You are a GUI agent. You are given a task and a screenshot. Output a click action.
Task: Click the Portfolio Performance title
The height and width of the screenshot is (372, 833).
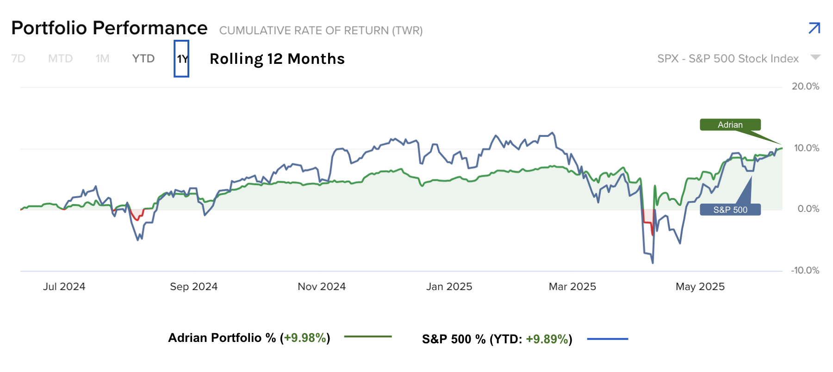pyautogui.click(x=109, y=28)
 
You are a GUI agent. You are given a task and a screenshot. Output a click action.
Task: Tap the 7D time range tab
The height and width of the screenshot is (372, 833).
pyautogui.click(x=19, y=59)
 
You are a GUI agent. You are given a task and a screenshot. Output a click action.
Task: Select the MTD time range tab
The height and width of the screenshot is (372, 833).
pyautogui.click(x=61, y=59)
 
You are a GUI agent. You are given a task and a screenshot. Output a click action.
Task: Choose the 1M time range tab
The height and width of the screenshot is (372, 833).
pyautogui.click(x=102, y=59)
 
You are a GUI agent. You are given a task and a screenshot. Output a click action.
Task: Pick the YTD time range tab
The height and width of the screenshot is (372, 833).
pyautogui.click(x=143, y=59)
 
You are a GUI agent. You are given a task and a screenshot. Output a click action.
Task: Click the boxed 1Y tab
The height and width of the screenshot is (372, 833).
pyautogui.click(x=181, y=59)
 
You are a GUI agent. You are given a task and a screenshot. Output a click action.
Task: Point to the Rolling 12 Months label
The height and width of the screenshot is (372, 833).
pyautogui.click(x=277, y=59)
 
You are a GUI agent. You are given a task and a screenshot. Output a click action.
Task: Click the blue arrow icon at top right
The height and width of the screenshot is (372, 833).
pyautogui.click(x=814, y=28)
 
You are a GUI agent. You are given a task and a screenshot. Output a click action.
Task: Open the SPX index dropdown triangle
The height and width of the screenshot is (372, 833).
pyautogui.click(x=815, y=57)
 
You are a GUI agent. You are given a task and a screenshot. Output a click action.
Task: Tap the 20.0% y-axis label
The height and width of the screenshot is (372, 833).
pyautogui.click(x=805, y=87)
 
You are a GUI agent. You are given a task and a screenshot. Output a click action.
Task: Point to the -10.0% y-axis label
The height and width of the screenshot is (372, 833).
pyautogui.click(x=805, y=270)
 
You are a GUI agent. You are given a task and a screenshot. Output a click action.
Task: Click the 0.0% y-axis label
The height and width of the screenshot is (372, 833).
pyautogui.click(x=808, y=209)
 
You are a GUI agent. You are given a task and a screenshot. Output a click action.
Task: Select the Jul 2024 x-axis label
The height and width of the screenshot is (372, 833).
pyautogui.click(x=64, y=286)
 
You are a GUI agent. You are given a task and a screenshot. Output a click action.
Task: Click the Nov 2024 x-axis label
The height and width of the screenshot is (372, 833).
pyautogui.click(x=322, y=286)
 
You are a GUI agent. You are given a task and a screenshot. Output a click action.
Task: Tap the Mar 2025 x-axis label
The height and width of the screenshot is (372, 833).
pyautogui.click(x=572, y=286)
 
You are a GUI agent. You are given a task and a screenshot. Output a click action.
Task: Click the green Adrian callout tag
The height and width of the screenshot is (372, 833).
pyautogui.click(x=730, y=125)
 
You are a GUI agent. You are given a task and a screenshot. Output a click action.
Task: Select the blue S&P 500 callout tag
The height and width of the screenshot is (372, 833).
pyautogui.click(x=730, y=210)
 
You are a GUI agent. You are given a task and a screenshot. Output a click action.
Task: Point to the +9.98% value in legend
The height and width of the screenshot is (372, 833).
pyautogui.click(x=305, y=338)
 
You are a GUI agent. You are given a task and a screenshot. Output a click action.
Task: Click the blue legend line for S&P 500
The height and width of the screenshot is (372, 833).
pyautogui.click(x=607, y=339)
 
